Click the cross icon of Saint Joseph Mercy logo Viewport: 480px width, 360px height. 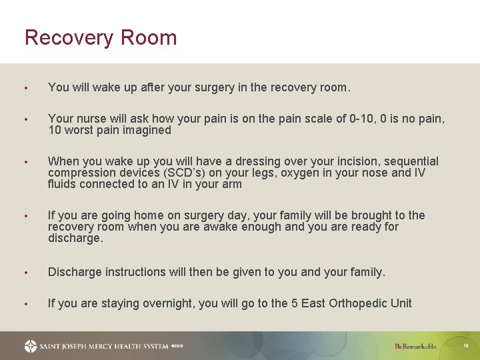click(31, 346)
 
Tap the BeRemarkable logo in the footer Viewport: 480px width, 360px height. click(415, 346)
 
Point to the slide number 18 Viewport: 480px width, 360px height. click(466, 346)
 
